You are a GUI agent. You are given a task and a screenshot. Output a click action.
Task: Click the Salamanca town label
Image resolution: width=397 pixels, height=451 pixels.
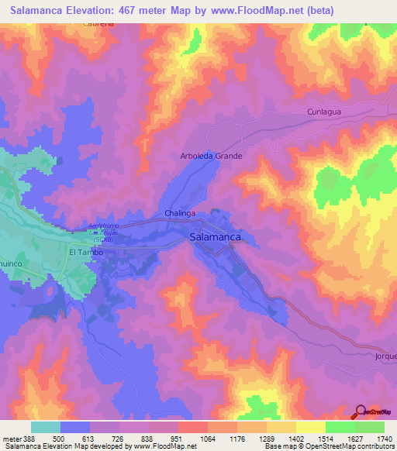pos(215,238)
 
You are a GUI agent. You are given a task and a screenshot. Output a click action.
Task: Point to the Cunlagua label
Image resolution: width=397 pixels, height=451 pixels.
pos(325,112)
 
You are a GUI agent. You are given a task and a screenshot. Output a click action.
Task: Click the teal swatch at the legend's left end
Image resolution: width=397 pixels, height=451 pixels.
pos(46,427)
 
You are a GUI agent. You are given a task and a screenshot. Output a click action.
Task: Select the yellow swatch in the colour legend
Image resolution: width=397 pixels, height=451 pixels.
pos(311,427)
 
